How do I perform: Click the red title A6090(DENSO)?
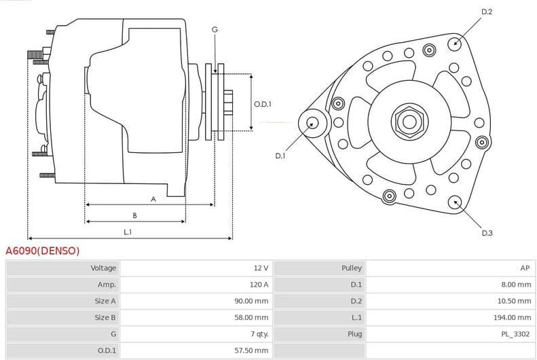click(x=43, y=251)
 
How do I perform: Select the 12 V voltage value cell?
click(x=261, y=268)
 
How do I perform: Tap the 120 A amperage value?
click(x=259, y=285)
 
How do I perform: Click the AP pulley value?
click(x=525, y=268)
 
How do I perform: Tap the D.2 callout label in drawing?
click(x=487, y=12)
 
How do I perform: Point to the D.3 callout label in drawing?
click(x=487, y=233)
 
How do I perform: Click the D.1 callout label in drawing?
click(x=280, y=156)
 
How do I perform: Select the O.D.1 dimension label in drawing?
click(x=263, y=104)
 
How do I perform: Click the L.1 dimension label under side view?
click(x=128, y=232)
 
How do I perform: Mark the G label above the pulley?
click(x=215, y=29)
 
